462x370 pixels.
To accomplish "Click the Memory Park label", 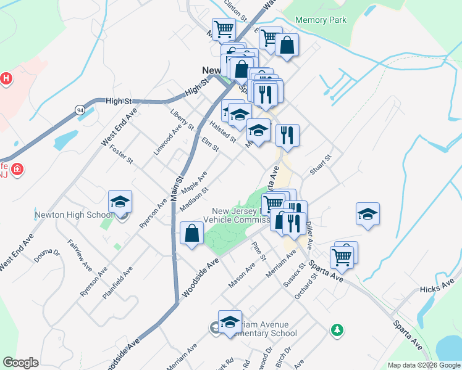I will [x=321, y=20].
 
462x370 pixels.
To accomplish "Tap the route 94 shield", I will [x=80, y=110].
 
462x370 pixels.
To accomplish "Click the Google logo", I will [x=20, y=363].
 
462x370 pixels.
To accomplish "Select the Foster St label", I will [x=121, y=152].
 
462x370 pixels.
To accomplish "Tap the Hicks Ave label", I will [x=436, y=289].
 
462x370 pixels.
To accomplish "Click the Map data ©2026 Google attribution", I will [x=424, y=365].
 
